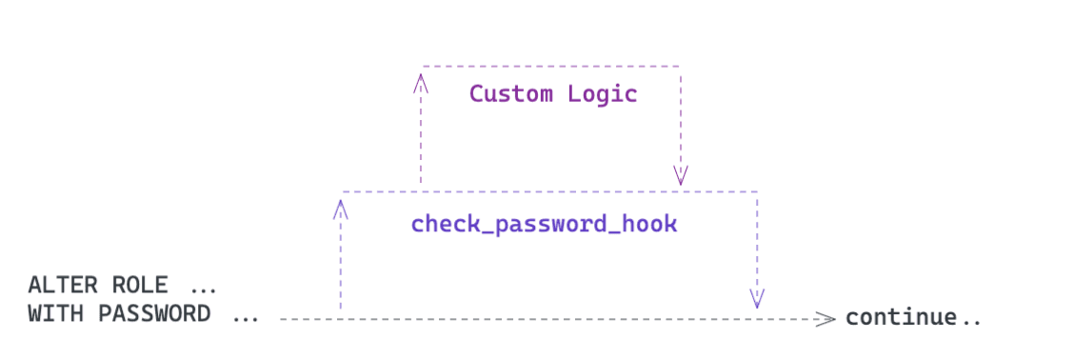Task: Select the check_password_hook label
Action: [x=544, y=225]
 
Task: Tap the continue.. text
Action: [x=912, y=317]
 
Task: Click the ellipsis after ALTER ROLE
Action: [x=203, y=286]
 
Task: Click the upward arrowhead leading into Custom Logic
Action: [x=420, y=82]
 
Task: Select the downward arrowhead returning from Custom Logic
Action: [x=680, y=175]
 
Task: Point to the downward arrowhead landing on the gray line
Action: [x=757, y=300]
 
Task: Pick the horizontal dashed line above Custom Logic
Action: [x=550, y=66]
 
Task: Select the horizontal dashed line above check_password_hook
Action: [x=550, y=191]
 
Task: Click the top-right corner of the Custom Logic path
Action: [x=680, y=66]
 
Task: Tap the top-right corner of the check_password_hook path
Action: [x=757, y=191]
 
